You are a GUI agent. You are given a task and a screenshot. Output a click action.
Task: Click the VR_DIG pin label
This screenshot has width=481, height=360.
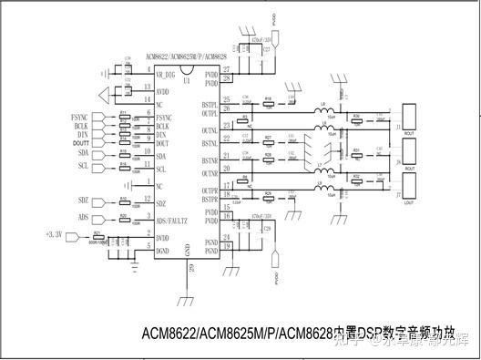[x=165, y=73]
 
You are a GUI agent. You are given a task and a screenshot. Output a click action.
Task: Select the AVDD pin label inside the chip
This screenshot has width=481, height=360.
[x=162, y=91]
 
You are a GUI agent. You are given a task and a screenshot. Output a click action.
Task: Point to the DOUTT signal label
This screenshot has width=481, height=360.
[x=80, y=143]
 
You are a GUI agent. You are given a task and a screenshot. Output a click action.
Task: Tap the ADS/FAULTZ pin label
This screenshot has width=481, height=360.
[x=172, y=221]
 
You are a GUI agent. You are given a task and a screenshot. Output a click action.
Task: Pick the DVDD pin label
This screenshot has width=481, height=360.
[x=163, y=238]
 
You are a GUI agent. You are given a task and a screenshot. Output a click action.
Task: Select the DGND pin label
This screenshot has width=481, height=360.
[x=163, y=250]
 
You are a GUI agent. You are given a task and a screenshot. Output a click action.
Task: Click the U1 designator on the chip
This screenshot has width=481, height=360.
[x=186, y=80]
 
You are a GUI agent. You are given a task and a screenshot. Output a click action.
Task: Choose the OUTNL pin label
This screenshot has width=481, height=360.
[x=210, y=130]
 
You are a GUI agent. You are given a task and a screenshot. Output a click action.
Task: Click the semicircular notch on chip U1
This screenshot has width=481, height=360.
[x=186, y=67]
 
